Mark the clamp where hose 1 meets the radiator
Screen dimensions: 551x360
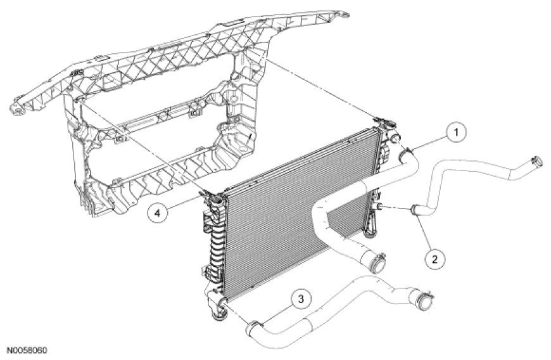(405, 152)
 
